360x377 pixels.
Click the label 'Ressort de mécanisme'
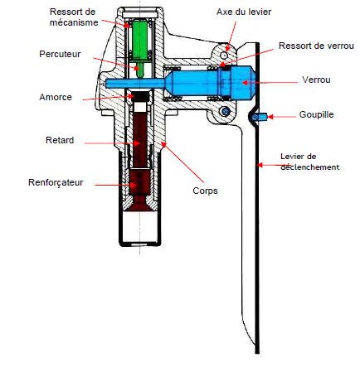tap(74, 17)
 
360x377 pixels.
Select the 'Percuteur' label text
tap(60, 54)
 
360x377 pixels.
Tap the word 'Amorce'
tap(56, 97)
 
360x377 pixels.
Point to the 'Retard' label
tap(60, 140)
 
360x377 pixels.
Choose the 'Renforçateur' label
tap(56, 182)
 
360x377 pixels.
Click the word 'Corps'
tap(205, 191)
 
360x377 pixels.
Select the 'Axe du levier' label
tap(244, 12)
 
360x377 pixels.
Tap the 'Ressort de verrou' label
tap(316, 46)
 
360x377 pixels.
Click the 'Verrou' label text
tap(316, 80)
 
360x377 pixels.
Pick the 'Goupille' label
tap(317, 114)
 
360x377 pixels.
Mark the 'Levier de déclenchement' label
tap(310, 162)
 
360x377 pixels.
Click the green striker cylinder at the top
tap(140, 40)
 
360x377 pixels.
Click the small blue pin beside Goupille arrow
tap(261, 117)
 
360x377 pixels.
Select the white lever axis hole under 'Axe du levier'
tap(224, 56)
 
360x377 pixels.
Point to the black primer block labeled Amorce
tap(141, 95)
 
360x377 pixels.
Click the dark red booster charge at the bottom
tap(140, 191)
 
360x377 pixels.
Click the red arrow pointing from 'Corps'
tap(182, 162)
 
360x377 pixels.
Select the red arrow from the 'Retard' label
tap(112, 143)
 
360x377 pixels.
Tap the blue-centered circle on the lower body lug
tap(225, 112)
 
